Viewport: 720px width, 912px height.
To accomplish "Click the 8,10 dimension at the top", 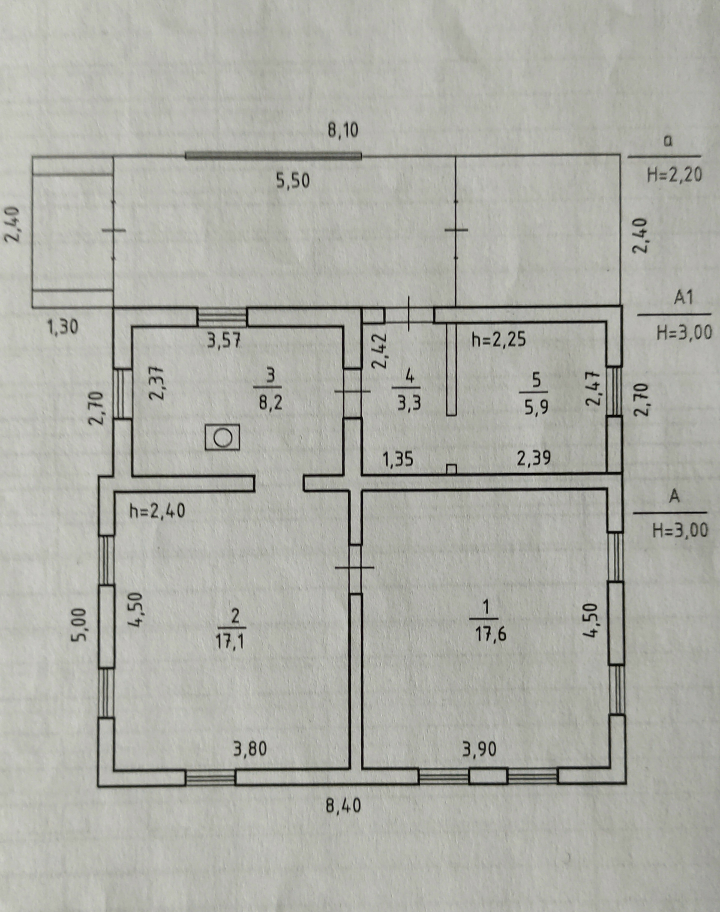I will click(x=343, y=130).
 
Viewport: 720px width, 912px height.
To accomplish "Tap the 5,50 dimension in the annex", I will click(x=293, y=181).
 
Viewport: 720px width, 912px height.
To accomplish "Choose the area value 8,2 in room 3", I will click(x=270, y=403).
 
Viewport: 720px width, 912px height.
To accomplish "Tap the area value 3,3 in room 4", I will click(x=409, y=404).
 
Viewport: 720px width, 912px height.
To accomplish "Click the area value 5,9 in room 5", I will click(x=536, y=408).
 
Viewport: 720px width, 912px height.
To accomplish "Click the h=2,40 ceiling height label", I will click(x=157, y=511).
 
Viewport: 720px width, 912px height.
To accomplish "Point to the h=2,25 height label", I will click(x=499, y=339).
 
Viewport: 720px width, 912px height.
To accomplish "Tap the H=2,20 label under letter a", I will click(x=675, y=174).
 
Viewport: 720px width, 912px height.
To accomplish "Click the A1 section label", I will click(x=683, y=298).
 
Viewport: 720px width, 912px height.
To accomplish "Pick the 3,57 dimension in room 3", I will click(x=224, y=340).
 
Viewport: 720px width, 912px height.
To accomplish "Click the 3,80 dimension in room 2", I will click(x=250, y=749).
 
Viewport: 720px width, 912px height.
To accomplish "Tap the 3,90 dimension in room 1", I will click(x=479, y=749).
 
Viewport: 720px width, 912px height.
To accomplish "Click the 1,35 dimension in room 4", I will click(x=397, y=459).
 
